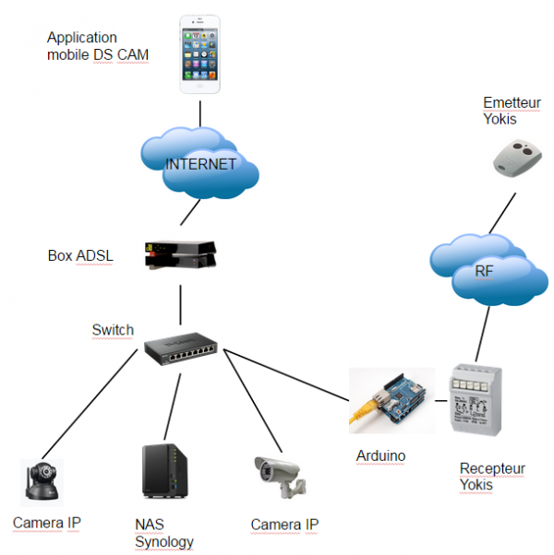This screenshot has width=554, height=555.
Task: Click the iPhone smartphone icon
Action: [x=200, y=54]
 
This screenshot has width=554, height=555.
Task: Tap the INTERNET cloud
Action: [x=200, y=163]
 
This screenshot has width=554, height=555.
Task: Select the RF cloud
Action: [x=488, y=270]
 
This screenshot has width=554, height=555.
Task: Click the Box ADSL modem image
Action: [x=180, y=254]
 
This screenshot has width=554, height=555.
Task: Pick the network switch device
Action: [x=181, y=348]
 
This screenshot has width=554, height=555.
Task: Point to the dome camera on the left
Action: [x=42, y=482]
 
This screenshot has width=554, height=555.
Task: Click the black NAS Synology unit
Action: [x=165, y=471]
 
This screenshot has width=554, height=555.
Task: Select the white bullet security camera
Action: [x=281, y=478]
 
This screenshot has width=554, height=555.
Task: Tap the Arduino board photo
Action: [x=391, y=401]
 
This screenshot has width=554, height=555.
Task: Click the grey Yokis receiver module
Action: [x=476, y=399]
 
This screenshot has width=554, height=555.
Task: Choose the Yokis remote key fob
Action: [x=517, y=158]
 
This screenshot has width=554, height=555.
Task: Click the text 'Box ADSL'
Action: [x=80, y=255]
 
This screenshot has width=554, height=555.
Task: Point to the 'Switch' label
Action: [x=113, y=330]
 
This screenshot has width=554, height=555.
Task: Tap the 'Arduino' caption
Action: [x=380, y=455]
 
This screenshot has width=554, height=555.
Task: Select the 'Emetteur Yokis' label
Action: [x=512, y=111]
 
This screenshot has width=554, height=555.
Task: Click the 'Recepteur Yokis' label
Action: [x=492, y=477]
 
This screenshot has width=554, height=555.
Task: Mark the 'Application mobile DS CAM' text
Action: [x=98, y=46]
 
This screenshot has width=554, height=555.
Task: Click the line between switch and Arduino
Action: [x=286, y=375]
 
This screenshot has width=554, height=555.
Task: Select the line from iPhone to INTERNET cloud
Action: [x=200, y=114]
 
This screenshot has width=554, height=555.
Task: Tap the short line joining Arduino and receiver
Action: [x=441, y=401]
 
